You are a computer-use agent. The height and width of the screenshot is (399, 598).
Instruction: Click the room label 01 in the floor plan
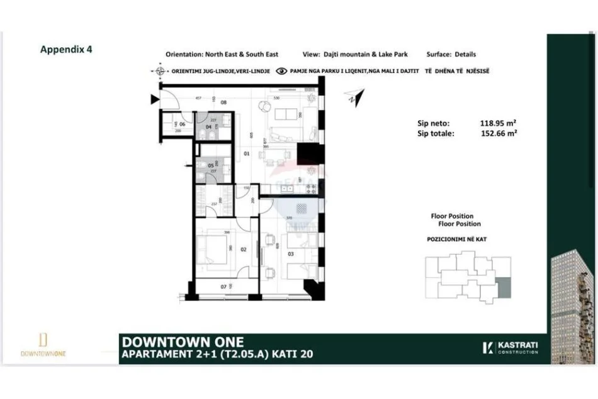247,153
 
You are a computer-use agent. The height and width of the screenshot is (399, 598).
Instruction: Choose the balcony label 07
223,287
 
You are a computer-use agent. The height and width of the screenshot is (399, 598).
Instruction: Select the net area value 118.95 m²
499,124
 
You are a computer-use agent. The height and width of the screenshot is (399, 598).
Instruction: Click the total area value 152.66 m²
499,133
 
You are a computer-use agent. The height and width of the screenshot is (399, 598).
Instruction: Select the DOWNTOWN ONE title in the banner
167,342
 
